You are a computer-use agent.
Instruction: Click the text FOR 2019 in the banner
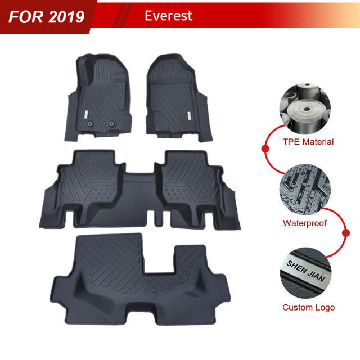47,16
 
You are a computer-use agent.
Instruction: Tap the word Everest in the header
168,15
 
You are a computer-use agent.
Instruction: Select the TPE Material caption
308,142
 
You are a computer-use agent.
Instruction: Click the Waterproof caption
304,223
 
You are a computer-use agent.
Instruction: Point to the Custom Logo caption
308,307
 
